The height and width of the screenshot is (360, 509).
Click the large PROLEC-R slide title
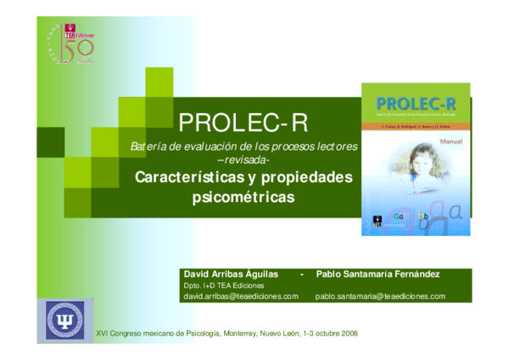pos(244,123)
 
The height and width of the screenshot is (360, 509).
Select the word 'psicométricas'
pos(244,197)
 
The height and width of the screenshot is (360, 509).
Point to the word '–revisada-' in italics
pos(244,160)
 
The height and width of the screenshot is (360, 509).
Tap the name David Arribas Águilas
pos(232,274)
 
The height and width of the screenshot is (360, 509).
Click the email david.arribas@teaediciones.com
pos(241,296)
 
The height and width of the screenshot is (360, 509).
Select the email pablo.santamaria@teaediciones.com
pos(380,296)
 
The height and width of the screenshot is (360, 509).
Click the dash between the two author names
pos(301,274)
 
